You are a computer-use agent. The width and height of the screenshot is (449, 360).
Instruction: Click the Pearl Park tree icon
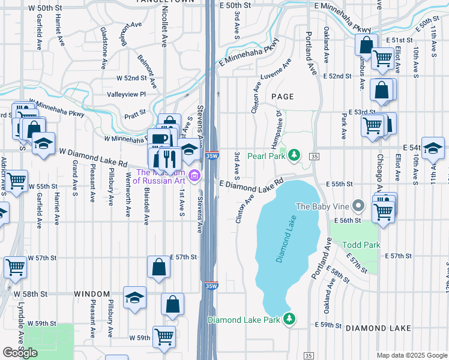point(294,155)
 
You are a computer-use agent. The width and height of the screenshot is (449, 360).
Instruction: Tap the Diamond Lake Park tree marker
point(289,319)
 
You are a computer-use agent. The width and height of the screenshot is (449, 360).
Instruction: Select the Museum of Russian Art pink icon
point(194,175)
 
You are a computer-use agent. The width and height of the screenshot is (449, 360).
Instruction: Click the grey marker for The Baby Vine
point(359,206)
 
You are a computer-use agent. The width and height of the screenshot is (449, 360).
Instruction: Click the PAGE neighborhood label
point(282,96)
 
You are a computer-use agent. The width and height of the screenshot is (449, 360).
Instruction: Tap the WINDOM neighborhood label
point(92,294)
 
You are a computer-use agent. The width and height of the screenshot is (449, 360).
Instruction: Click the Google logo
point(20,353)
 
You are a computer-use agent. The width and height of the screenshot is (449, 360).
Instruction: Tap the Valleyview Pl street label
point(126,94)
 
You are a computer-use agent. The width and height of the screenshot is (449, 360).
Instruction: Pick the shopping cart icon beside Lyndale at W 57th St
point(16,266)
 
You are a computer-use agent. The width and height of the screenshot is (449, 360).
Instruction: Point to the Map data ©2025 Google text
point(411,355)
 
